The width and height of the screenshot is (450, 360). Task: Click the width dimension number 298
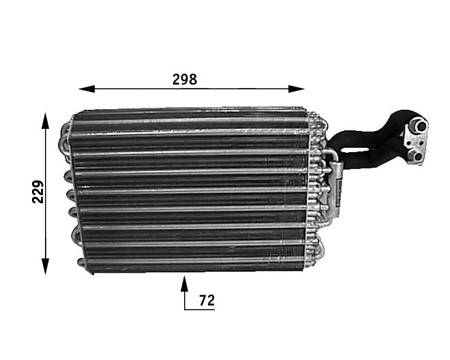point(184,78)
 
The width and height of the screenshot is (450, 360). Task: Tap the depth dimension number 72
point(207,299)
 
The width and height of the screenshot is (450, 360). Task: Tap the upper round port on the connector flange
point(417,125)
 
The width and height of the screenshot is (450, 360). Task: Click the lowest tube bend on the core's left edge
point(81,263)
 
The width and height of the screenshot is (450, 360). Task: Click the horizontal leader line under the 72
point(200,310)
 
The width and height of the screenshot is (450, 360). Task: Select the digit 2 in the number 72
point(211,299)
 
